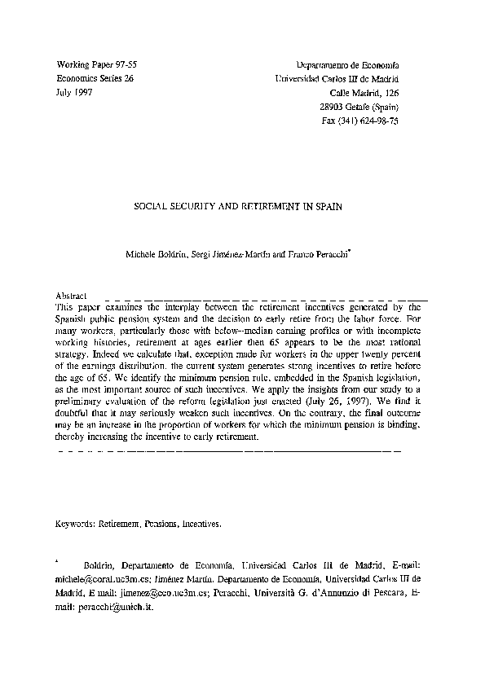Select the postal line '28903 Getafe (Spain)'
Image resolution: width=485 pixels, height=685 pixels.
tap(359, 108)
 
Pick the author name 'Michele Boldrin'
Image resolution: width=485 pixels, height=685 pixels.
tap(156, 253)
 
